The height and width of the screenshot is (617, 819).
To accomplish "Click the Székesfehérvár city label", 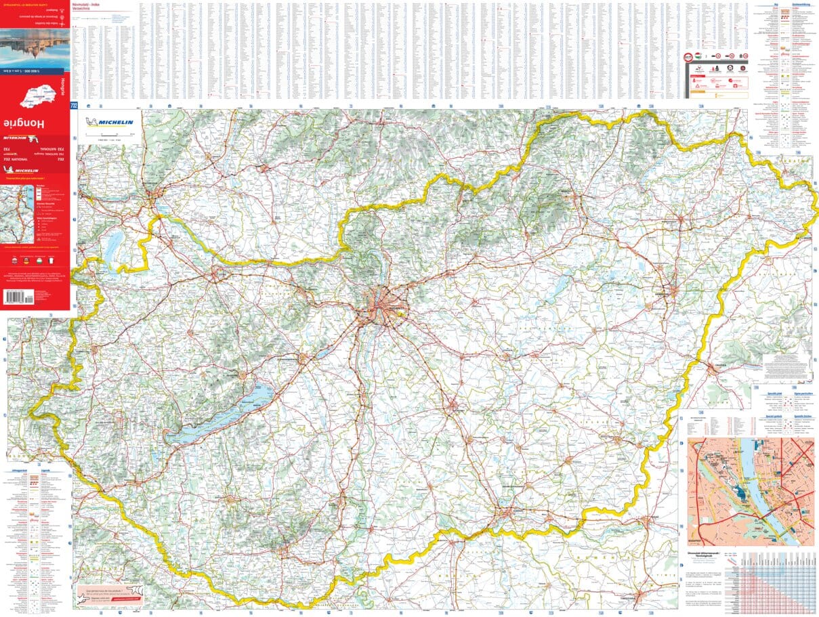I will [285, 358].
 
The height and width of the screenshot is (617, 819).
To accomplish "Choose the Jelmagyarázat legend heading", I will [20, 469].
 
